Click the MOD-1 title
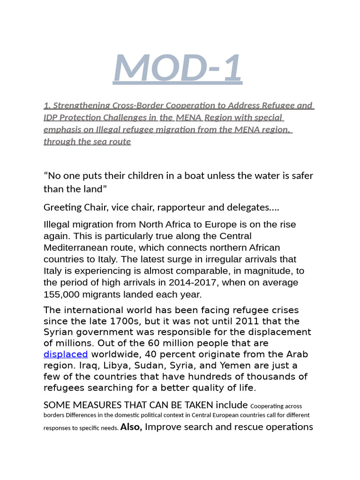point(178,67)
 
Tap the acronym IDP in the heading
point(52,117)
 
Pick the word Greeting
point(62,207)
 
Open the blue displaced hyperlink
point(66,354)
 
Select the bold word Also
point(131,427)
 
